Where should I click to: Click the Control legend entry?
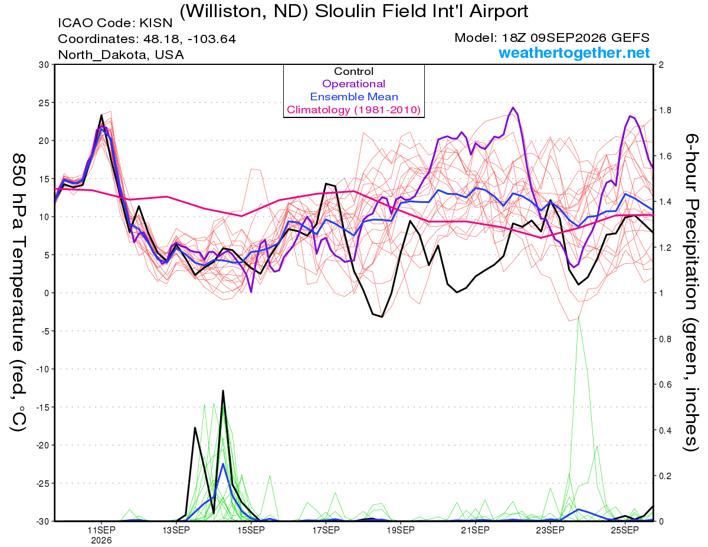point(353,71)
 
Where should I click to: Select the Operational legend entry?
point(353,84)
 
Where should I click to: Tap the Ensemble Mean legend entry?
point(354,97)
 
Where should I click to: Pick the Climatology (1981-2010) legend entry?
point(353,110)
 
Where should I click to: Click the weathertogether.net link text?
point(574,53)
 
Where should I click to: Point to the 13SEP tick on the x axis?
point(176,530)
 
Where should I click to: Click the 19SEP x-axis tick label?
point(401,530)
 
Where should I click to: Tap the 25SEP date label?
point(625,530)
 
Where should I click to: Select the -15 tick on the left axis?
point(42,407)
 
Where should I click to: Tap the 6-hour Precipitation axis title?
point(691,293)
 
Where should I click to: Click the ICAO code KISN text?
point(115,23)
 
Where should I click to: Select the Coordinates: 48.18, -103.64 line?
point(147,39)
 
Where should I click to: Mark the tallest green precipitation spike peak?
point(578,316)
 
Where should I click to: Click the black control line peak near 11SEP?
point(101,115)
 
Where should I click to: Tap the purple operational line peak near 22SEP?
point(513,107)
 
